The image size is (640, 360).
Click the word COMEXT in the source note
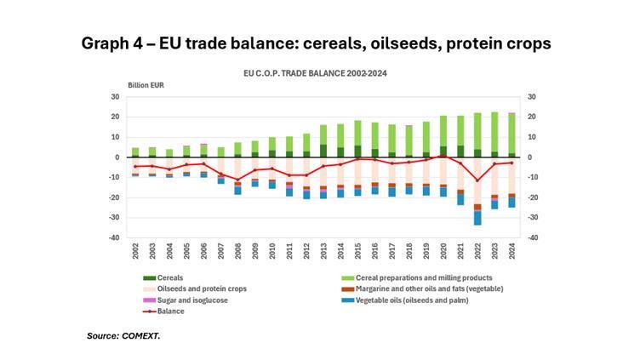point(141,336)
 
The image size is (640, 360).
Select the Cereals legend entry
point(169,278)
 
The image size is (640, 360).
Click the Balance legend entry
point(169,311)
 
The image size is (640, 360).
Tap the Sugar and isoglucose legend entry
point(190,300)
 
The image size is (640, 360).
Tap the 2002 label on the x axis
point(135,253)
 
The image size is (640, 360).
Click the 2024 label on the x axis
point(511,253)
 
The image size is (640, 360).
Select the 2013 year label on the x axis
point(323,253)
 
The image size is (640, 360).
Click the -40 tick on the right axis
point(534,238)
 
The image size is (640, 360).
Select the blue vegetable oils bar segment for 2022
point(477,218)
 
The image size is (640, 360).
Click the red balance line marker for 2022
point(477,180)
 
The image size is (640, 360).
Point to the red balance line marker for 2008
point(237,180)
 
